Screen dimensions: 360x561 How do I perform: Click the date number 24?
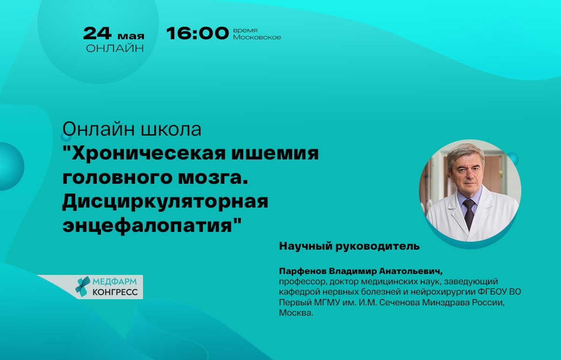coord(97,33)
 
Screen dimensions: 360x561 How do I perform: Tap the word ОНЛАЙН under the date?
coord(115,48)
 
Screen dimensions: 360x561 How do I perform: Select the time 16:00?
coord(197,33)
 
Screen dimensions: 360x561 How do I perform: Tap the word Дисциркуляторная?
coord(165,202)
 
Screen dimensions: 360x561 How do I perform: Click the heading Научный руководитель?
coord(349,246)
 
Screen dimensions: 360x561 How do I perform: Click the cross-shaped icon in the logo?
coord(83,287)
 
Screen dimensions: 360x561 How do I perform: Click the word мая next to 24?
coord(130,36)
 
